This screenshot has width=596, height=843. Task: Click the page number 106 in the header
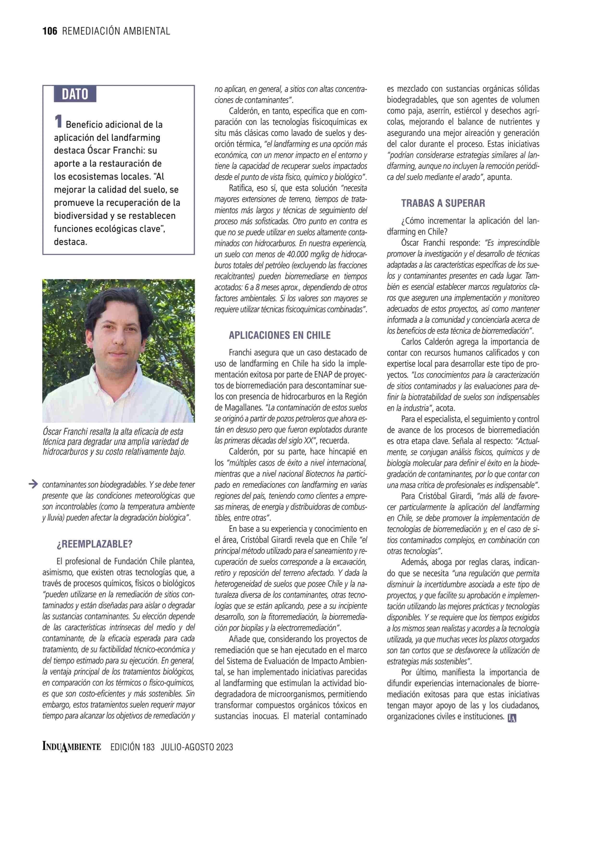pos(50,31)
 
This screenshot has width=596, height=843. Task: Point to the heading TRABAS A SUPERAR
pos(443,203)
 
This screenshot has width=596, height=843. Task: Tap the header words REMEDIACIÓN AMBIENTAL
pos(116,31)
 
